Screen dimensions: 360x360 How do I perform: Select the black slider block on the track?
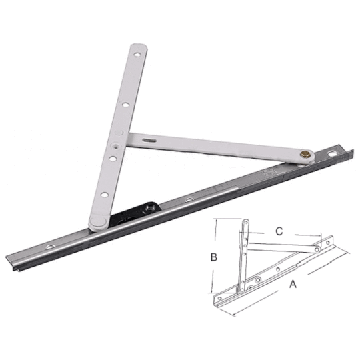click(136, 214)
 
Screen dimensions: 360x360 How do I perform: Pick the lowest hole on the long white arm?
click(103, 195)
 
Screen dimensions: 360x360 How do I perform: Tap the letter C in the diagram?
click(279, 231)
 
